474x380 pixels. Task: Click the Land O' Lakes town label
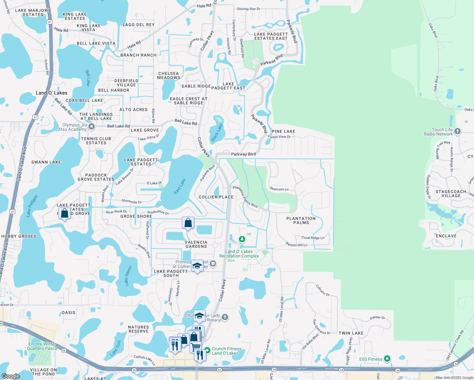(x=51, y=93)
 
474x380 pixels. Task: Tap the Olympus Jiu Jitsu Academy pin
(x=92, y=127)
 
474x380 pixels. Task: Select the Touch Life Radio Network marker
(x=457, y=131)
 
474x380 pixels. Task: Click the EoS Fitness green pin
(x=387, y=359)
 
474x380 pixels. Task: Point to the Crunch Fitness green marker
(x=207, y=351)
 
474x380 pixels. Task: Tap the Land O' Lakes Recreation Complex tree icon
(x=242, y=239)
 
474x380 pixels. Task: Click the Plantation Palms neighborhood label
(x=301, y=220)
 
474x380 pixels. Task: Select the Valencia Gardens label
(x=196, y=244)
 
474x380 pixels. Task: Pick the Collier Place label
(x=216, y=197)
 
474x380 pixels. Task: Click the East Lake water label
(x=180, y=187)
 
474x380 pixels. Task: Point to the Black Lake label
(x=217, y=132)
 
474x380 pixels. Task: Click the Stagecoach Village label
(x=451, y=193)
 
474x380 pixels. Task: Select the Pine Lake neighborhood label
(x=284, y=131)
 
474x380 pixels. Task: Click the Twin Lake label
(x=351, y=333)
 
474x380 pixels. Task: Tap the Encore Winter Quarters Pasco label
(x=42, y=346)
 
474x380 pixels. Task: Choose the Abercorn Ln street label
(x=279, y=189)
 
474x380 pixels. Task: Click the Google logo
(x=10, y=376)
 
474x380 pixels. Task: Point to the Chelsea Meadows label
(x=169, y=75)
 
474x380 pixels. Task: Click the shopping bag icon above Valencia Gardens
(x=188, y=223)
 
